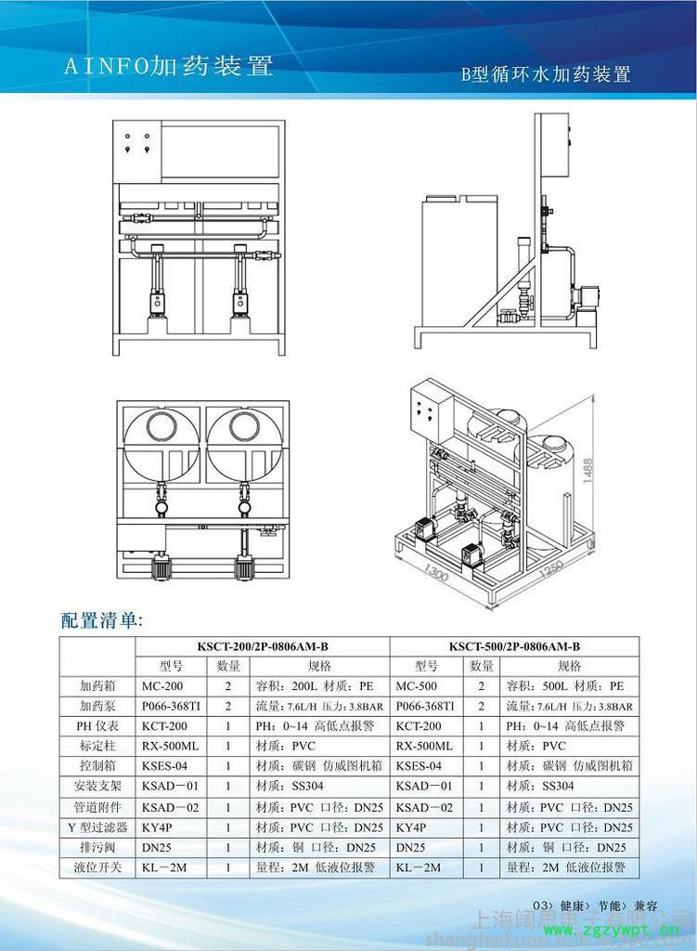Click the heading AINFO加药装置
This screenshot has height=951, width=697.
pos(167,66)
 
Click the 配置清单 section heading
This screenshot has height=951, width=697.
pos(102,620)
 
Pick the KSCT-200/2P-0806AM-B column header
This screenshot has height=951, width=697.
pos(263,646)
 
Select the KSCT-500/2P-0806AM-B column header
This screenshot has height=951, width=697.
pos(514,646)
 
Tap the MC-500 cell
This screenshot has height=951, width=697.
pos(416,686)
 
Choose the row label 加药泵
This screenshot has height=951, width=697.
pos(97,706)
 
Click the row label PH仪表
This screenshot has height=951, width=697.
pos(97,726)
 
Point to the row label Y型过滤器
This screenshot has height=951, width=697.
pos(97,827)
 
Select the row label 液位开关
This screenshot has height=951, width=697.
pos(97,867)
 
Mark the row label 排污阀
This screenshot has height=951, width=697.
pos(97,847)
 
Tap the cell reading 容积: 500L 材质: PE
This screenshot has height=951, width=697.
pos(565,686)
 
